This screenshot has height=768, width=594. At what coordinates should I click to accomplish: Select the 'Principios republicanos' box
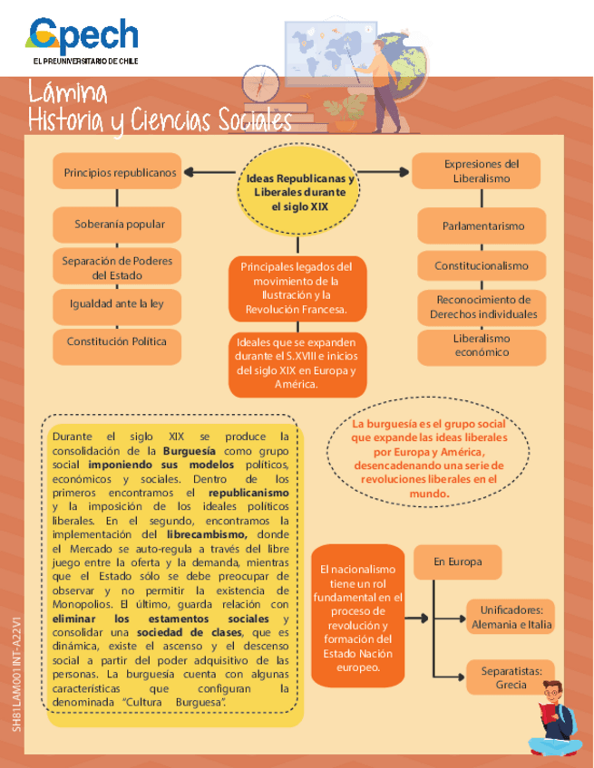tap(120, 171)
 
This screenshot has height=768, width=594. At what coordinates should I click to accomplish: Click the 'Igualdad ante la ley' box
tap(116, 304)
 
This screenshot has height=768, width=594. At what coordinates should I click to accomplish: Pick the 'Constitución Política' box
tap(116, 342)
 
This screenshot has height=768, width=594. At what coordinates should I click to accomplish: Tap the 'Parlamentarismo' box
tap(482, 226)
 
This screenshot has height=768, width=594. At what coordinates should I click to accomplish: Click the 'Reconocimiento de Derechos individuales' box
tap(482, 306)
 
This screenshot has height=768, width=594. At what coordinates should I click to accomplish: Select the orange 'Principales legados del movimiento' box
tap(296, 289)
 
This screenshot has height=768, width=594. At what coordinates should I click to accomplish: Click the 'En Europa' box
tap(457, 562)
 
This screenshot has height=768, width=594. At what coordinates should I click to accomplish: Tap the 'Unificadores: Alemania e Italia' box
tap(511, 618)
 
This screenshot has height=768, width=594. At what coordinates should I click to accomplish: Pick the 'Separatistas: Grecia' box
tap(511, 677)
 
